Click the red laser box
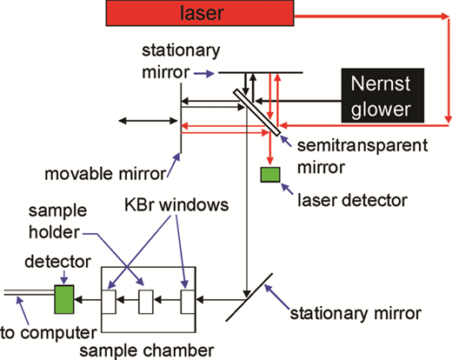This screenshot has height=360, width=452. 200,13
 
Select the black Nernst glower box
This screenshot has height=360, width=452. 382,96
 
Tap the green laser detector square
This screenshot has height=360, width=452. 270,175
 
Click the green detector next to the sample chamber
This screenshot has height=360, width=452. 64,299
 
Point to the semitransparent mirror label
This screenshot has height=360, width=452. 362,156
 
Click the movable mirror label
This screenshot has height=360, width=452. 105,174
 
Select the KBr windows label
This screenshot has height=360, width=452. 176,204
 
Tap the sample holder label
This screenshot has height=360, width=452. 57,222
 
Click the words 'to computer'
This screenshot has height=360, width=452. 49,333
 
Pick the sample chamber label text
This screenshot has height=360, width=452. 147,350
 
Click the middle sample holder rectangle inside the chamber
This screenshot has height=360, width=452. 146,302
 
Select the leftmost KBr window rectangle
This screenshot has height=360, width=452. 109,302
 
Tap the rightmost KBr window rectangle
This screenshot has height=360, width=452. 188,302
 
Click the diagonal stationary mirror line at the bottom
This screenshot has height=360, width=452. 249,297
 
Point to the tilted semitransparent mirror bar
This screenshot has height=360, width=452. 257,112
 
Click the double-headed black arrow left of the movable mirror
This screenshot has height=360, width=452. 148,121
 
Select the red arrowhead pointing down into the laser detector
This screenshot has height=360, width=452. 270,161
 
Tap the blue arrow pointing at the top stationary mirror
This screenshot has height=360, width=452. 204,74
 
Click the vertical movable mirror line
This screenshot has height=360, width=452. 181,118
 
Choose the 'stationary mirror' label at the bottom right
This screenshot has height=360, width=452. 356,313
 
